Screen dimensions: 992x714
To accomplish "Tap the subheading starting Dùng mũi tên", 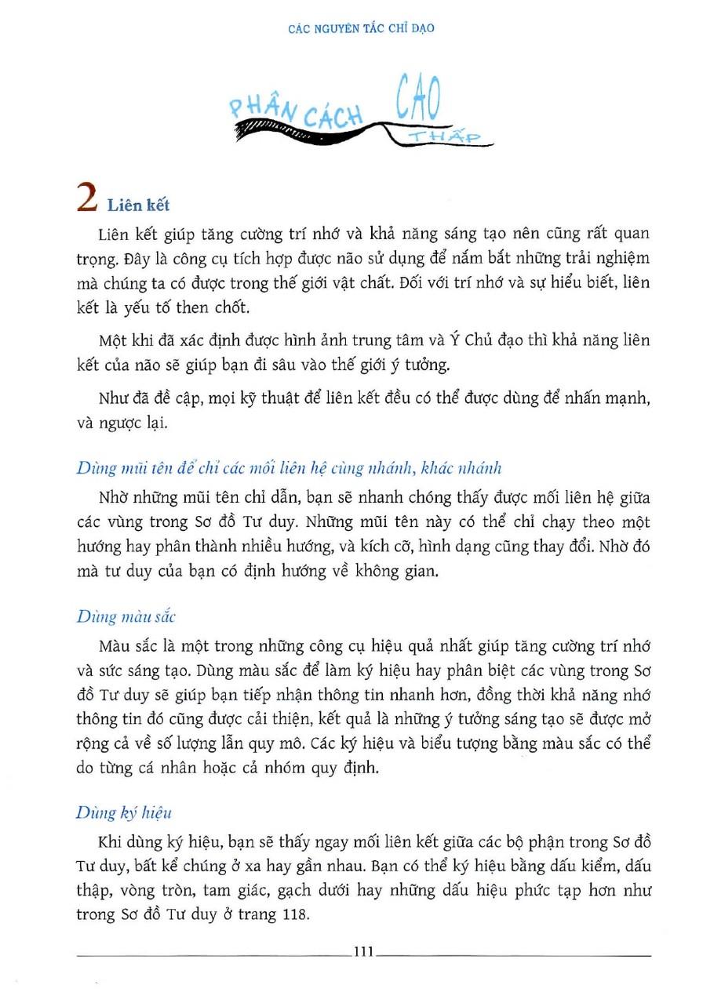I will pos(290,468).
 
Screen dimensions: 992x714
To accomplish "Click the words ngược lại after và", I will pos(139,423).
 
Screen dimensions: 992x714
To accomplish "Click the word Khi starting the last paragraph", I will pos(111,842).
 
